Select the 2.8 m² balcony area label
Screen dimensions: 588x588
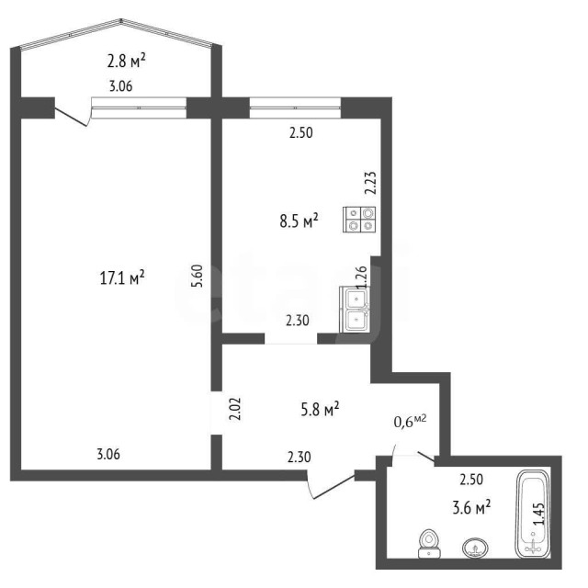click(x=127, y=62)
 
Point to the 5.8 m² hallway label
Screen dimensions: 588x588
click(x=321, y=410)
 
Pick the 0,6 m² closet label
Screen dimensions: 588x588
click(x=410, y=422)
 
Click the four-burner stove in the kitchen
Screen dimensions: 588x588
click(x=360, y=219)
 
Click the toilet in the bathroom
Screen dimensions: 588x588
click(x=428, y=543)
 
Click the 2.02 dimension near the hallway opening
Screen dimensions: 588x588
click(x=235, y=408)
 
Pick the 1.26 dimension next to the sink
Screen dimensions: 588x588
click(x=360, y=277)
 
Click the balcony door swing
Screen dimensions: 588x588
click(x=73, y=116)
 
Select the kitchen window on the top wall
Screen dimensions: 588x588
click(x=294, y=107)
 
